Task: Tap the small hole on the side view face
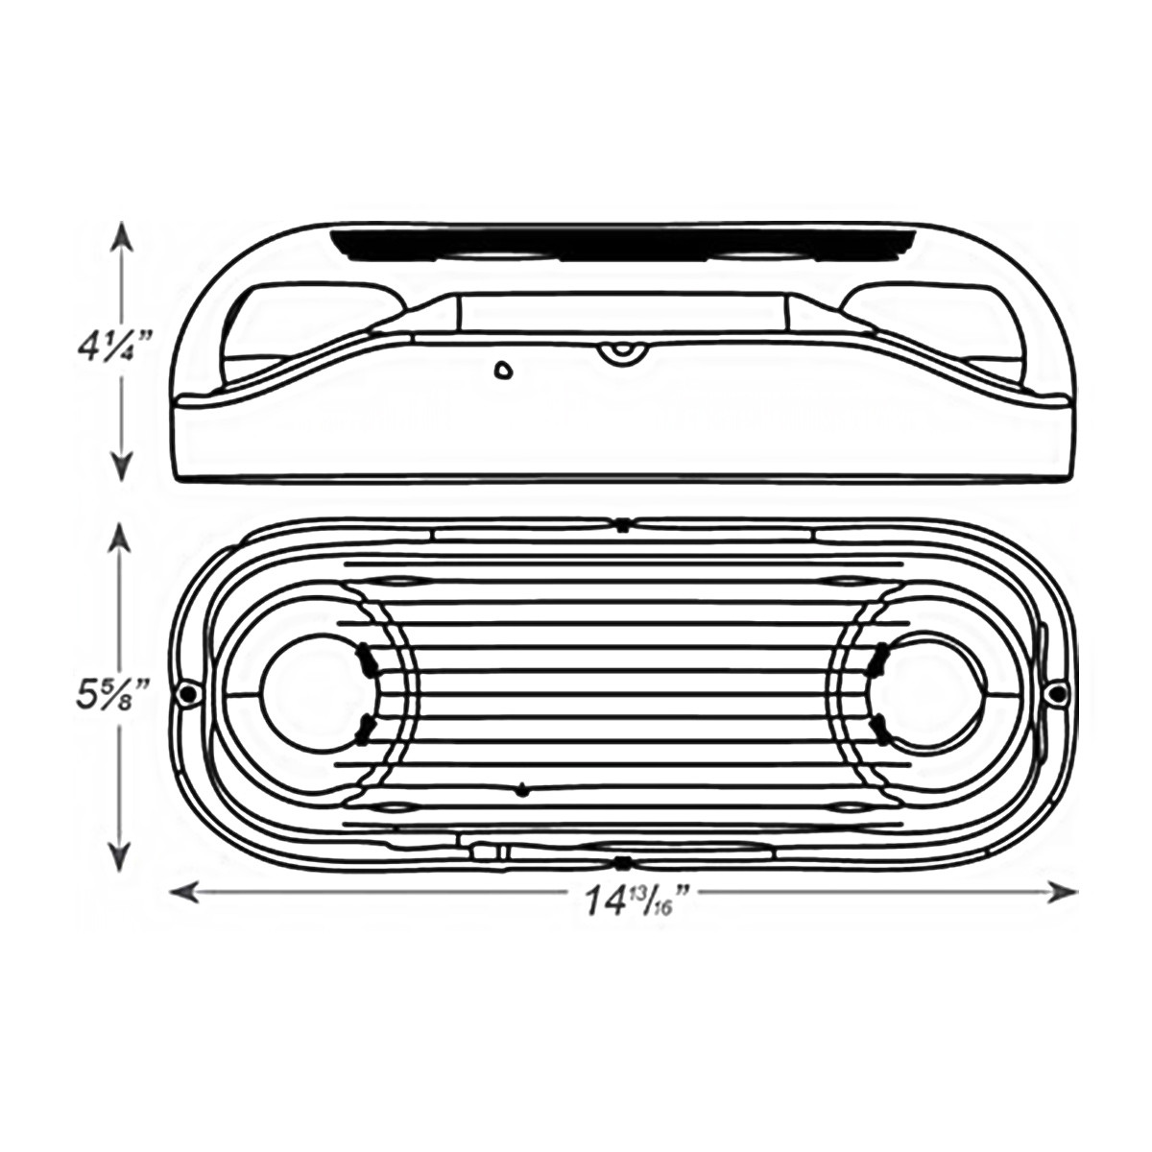click(x=503, y=371)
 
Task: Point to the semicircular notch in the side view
click(x=622, y=353)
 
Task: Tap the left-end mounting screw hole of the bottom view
click(x=188, y=693)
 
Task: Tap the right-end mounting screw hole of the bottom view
click(x=1057, y=693)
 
